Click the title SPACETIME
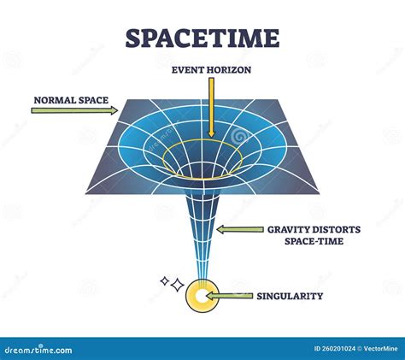[202, 38]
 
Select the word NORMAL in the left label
[51, 99]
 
